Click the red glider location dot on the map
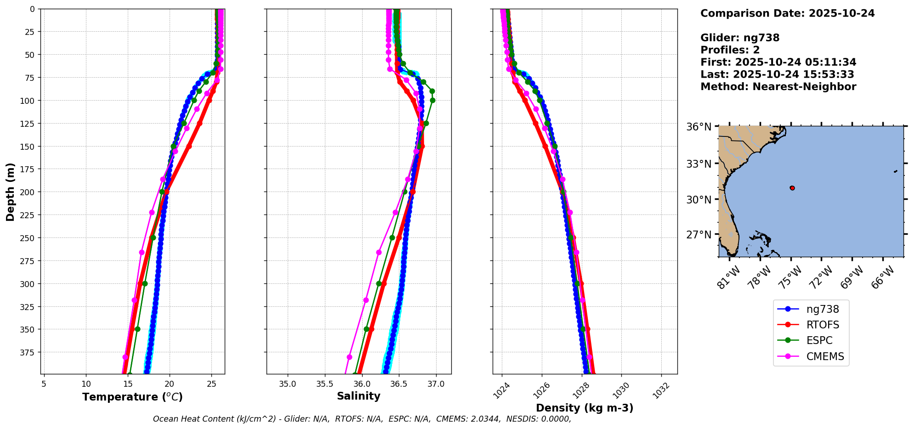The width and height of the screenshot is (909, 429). pos(792,188)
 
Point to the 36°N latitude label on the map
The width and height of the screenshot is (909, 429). pos(699,127)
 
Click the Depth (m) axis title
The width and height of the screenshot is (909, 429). pos(10,192)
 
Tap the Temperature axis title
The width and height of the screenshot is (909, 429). pos(132,397)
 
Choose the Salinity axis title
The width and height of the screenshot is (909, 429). pos(358,396)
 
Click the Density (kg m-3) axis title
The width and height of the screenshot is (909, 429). pos(585,408)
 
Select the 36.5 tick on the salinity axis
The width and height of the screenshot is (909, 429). pos(398,384)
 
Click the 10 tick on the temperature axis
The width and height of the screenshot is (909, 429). pos(86,384)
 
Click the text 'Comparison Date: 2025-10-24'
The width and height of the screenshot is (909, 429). pos(787,13)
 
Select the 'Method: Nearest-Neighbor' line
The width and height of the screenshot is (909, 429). pos(778,87)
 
